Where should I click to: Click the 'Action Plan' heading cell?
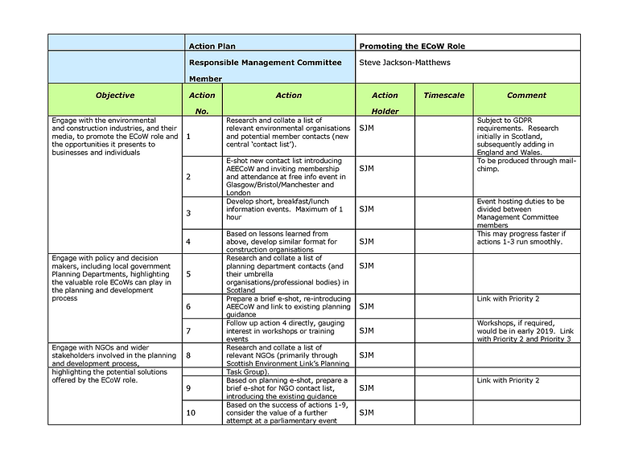coord(212,46)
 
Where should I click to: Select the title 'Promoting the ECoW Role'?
coord(411,46)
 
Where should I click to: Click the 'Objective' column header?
coord(114,96)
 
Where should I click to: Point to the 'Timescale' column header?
coord(443,96)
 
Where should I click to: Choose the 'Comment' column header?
coord(526,96)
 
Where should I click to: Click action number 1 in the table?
coord(188,136)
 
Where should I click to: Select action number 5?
coord(188,273)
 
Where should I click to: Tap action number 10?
coord(191,412)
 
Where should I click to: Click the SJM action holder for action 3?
coord(366,209)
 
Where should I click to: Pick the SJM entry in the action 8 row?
coord(366,354)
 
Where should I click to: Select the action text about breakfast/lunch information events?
coord(286,209)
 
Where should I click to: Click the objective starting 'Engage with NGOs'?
coord(114,363)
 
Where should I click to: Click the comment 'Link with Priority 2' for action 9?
coord(508,380)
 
